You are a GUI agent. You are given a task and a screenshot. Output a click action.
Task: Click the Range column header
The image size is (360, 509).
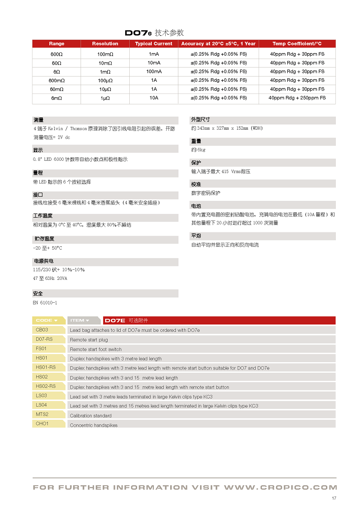pyautogui.click(x=56, y=44)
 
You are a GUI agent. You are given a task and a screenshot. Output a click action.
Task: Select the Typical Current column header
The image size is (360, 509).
pyautogui.click(x=154, y=44)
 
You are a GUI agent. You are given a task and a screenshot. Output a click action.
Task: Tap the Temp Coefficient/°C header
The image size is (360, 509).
pyautogui.click(x=297, y=44)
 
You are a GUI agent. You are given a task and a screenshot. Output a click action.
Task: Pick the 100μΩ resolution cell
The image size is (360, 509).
pyautogui.click(x=105, y=81)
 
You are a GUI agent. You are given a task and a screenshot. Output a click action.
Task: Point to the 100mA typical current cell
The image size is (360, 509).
pyautogui.click(x=154, y=72)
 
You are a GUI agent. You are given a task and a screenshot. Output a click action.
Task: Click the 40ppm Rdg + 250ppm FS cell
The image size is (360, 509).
pyautogui.click(x=297, y=98)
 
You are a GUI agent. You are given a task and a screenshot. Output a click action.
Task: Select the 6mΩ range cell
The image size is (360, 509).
pyautogui.click(x=56, y=98)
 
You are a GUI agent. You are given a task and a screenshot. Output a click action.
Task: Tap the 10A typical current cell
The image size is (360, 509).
pyautogui.click(x=154, y=98)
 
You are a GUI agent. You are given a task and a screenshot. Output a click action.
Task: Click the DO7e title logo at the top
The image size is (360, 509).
pyautogui.click(x=138, y=33)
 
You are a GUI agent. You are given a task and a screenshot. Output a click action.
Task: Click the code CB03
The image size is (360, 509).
pyautogui.click(x=42, y=330)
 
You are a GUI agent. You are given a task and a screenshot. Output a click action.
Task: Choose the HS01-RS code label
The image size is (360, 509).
pyautogui.click(x=46, y=367)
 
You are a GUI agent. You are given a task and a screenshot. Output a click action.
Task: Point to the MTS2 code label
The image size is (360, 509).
pyautogui.click(x=42, y=414)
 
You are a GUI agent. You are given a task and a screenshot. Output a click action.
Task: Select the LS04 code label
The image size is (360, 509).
pyautogui.click(x=41, y=405)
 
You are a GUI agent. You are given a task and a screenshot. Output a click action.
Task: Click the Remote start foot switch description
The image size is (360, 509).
pyautogui.click(x=96, y=349)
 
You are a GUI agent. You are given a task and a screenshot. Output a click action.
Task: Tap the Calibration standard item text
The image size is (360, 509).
pyautogui.click(x=90, y=416)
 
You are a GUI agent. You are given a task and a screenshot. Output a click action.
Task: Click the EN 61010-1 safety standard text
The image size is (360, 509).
pyautogui.click(x=45, y=303)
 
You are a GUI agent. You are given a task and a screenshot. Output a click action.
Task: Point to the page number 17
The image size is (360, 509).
pyautogui.click(x=334, y=498)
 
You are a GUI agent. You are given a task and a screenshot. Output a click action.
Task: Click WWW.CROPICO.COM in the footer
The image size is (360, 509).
pyautogui.click(x=281, y=487)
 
